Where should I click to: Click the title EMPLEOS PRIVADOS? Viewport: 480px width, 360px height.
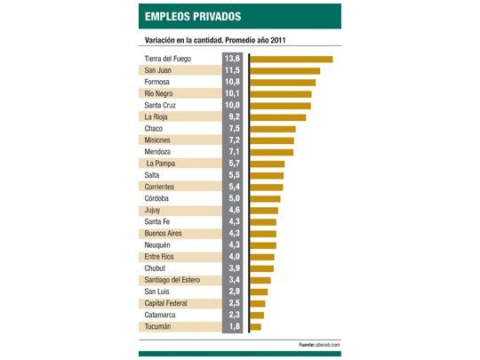[194, 17]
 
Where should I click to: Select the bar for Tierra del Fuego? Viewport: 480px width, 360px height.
[292, 60]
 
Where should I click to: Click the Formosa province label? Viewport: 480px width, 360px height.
[159, 83]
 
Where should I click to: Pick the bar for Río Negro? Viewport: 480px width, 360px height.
[281, 94]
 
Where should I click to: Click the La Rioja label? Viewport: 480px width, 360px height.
[156, 117]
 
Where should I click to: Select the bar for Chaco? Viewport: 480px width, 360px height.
[273, 129]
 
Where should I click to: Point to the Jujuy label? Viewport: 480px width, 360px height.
[154, 211]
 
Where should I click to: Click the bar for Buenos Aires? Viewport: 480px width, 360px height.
[263, 234]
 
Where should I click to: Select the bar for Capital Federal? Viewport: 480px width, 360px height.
[258, 303]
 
